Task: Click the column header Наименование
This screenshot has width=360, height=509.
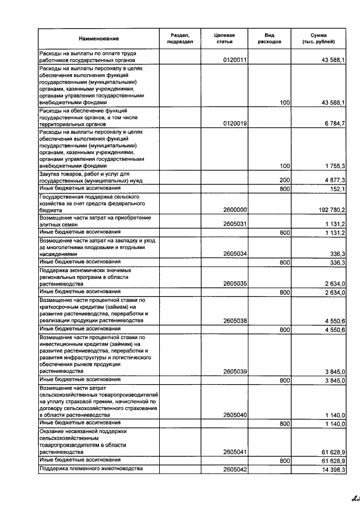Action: (99, 38)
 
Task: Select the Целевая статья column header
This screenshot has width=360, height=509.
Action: (224, 38)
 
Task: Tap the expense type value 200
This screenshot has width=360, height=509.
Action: (284, 180)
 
